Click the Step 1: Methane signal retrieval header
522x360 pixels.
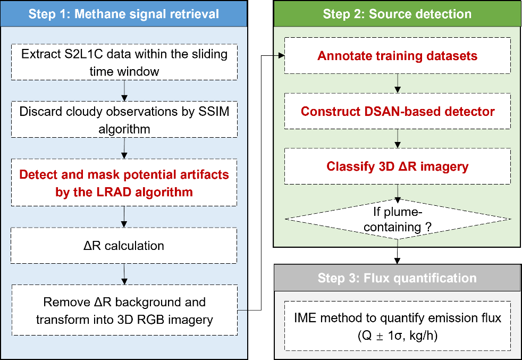(x=124, y=14)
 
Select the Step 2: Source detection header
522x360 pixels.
(x=397, y=14)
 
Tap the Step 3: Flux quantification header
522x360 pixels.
(x=397, y=278)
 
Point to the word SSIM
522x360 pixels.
(x=214, y=111)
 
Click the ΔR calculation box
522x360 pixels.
(x=124, y=246)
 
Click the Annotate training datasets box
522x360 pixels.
(x=398, y=56)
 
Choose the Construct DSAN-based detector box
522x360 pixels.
(x=398, y=111)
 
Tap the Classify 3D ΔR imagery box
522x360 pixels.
(x=398, y=166)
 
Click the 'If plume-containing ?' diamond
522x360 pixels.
(x=398, y=219)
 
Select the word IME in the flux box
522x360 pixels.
(x=305, y=318)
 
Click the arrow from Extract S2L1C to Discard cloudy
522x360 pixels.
(x=124, y=90)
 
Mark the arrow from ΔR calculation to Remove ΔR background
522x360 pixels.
(x=124, y=274)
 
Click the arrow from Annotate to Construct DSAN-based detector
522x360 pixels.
(x=398, y=83)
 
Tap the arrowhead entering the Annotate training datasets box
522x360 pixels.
(x=281, y=56)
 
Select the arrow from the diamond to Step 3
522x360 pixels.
(x=397, y=252)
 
